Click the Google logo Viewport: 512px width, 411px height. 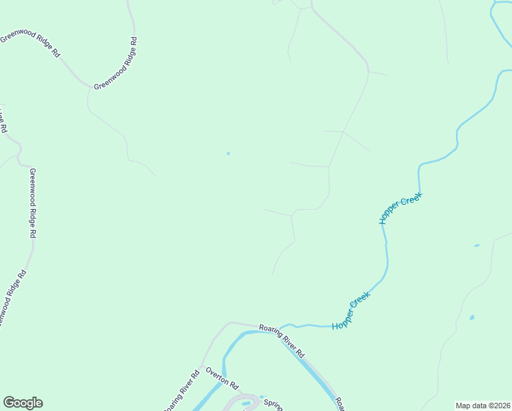(x=23, y=403)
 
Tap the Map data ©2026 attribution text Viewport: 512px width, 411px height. (x=483, y=406)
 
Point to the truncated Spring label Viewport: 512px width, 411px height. (x=273, y=403)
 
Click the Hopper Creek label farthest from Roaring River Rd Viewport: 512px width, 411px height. (x=401, y=208)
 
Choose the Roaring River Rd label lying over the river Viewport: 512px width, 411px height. (x=281, y=340)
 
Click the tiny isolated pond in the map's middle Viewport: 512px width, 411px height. (x=228, y=153)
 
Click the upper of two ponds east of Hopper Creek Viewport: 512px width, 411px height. (x=476, y=245)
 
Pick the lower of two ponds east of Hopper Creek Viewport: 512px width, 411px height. (x=472, y=318)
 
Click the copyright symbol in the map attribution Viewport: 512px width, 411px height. (x=492, y=406)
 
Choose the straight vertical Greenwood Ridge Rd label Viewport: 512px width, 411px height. (x=32, y=203)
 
